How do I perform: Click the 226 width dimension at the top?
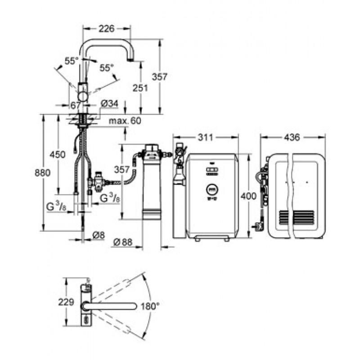106,29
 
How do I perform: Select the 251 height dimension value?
140,88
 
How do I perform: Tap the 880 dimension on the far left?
42,172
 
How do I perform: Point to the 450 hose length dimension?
58,155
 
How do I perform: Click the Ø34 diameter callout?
109,104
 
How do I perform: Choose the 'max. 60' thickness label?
125,121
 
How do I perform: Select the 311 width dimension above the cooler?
206,138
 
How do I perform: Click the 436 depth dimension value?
292,138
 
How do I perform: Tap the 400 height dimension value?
248,196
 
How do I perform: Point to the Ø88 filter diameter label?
123,242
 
